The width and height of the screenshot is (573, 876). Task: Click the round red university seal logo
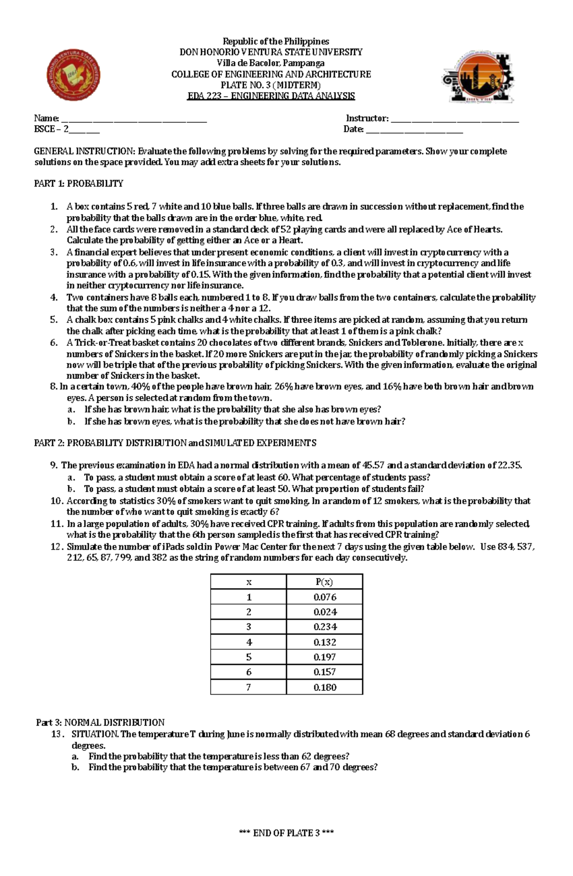[74, 76]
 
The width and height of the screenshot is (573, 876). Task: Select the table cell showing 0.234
[325, 627]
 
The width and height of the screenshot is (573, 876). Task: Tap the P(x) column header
[324, 582]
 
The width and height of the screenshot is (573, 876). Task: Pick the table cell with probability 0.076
[325, 597]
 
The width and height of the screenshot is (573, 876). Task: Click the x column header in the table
[249, 582]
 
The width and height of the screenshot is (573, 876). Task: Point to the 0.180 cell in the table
[325, 687]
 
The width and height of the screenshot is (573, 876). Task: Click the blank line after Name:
[134, 119]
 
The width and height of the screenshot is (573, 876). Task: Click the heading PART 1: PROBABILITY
[79, 184]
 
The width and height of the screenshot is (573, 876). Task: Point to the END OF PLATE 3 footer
[286, 833]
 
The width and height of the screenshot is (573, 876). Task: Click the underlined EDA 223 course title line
[271, 96]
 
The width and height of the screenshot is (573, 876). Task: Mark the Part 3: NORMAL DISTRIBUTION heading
[100, 722]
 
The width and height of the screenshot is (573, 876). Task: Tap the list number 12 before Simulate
[56, 547]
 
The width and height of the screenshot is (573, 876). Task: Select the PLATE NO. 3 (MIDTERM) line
[271, 85]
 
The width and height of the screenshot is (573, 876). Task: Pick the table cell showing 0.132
[325, 642]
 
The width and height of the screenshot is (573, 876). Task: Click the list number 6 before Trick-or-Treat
[54, 343]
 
